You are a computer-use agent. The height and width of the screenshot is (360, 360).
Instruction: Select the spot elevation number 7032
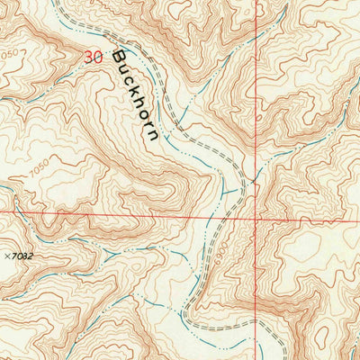pyautogui.click(x=21, y=256)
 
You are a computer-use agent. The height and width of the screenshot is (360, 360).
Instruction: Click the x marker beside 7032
pyautogui.click(x=5, y=256)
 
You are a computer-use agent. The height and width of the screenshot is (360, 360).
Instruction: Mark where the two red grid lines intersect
pyautogui.click(x=255, y=217)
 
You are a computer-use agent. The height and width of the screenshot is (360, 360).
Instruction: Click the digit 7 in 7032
pyautogui.click(x=13, y=256)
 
